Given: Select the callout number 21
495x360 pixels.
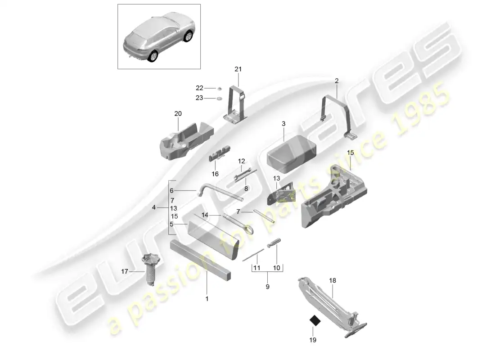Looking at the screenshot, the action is pos(238,69).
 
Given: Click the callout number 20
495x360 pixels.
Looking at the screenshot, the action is pos(178,114).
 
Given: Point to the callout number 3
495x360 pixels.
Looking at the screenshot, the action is pos(283,123).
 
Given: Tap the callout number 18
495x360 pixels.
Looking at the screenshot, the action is pos(333,280).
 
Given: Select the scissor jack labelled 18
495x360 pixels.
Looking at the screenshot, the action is pos(333,306).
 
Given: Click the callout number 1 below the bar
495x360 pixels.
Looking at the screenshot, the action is pos(207,298).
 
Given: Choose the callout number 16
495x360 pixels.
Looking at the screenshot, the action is pos(215,174).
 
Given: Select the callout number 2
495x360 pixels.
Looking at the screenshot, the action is pos(337,81).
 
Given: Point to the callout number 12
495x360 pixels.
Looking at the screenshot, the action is pos(241,161).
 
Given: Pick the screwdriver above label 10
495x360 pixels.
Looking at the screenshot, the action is pos(274,243).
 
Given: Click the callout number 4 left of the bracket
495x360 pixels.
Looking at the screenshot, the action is pos(154,208).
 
